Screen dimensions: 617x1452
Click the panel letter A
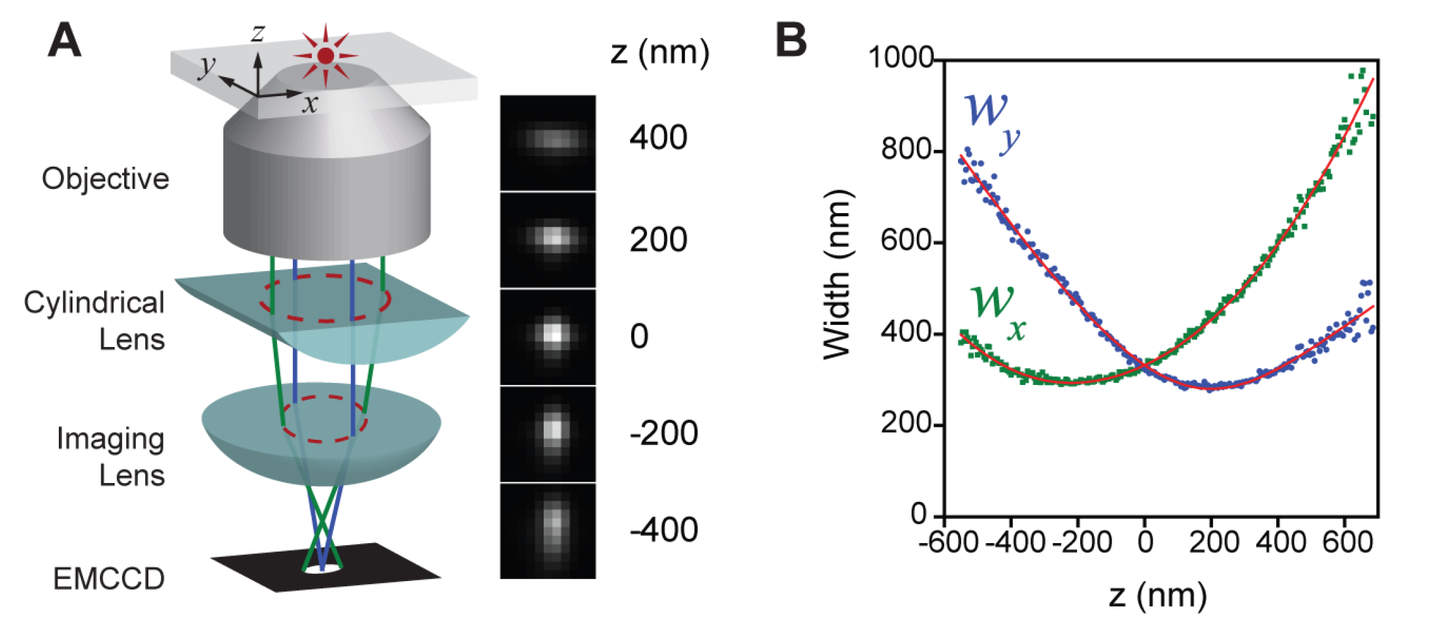(65, 41)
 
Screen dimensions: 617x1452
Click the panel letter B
(791, 40)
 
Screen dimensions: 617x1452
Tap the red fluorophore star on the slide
(325, 56)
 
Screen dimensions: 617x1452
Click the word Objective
(105, 178)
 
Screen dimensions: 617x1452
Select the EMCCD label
(108, 578)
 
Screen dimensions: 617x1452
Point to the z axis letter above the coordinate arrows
(259, 33)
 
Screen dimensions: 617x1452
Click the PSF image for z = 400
(548, 142)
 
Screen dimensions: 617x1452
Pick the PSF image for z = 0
(548, 336)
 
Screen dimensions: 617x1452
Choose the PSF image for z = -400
(548, 531)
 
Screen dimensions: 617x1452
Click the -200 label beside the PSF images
(663, 433)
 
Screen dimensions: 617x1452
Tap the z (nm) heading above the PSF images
(659, 52)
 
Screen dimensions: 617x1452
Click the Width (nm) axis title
(837, 275)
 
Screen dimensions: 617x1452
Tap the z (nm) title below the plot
(1157, 595)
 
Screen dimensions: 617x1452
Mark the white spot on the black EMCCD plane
(323, 570)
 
